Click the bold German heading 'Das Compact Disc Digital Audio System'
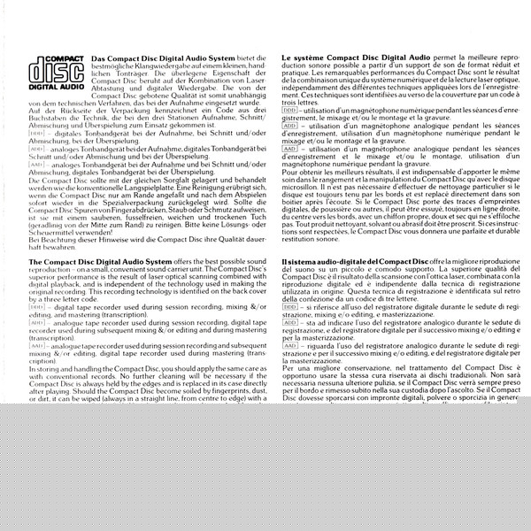150,58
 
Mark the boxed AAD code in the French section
289,149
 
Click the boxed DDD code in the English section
36,305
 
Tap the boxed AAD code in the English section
36,344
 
